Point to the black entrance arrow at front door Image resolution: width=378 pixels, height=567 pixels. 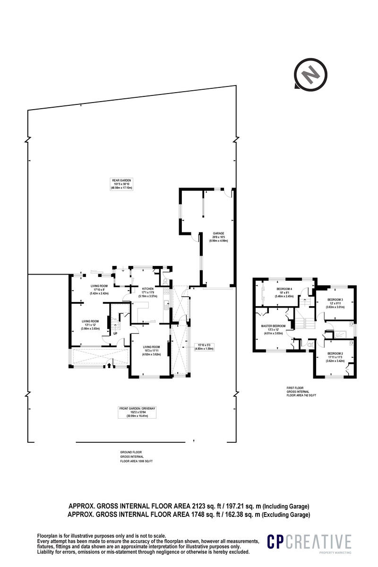109,364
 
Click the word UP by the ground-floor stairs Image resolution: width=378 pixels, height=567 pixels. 115,334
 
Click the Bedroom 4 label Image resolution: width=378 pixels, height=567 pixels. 284,289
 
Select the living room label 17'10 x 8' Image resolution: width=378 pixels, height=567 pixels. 100,286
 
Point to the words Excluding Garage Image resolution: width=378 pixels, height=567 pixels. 289,515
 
